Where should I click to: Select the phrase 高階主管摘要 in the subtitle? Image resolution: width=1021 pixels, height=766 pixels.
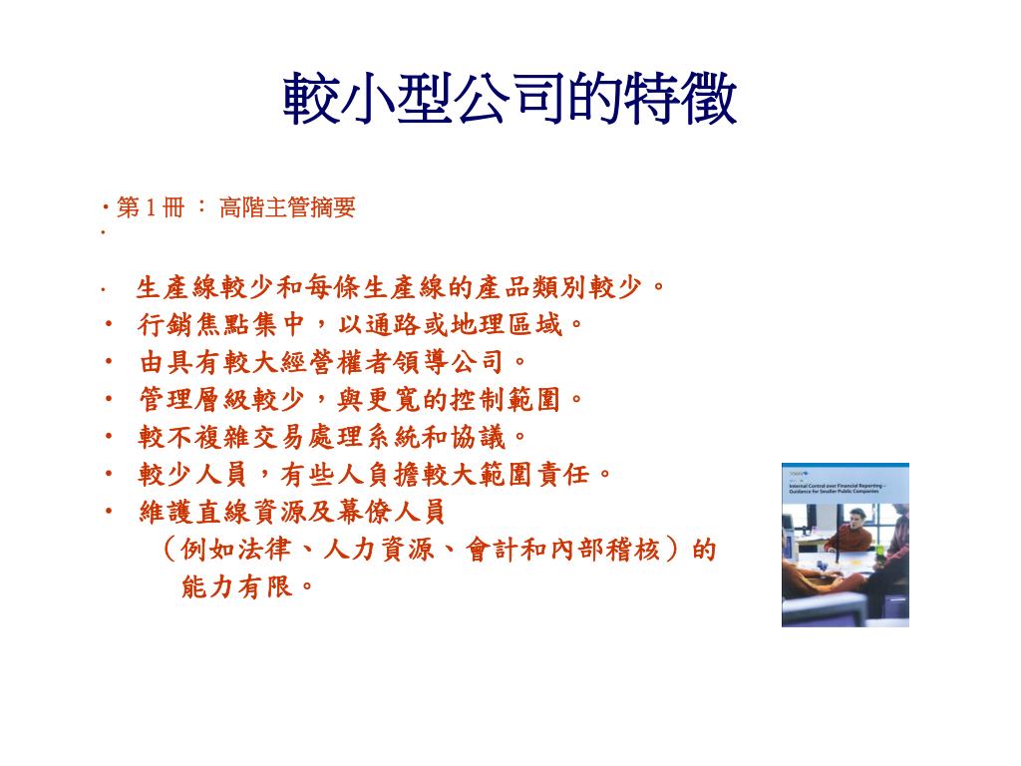point(287,208)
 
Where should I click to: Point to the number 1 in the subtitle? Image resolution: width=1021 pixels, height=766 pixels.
point(151,208)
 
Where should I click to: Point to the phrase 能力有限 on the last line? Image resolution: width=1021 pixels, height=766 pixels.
point(237,587)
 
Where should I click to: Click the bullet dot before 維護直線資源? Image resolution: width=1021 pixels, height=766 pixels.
point(109,512)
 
